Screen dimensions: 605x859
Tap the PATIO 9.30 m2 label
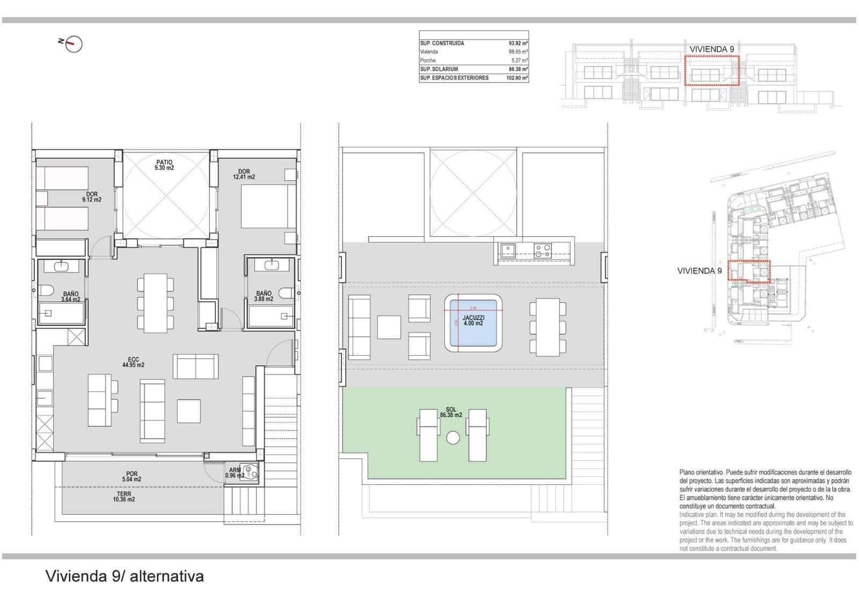[164, 165]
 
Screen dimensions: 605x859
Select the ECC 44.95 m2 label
[133, 363]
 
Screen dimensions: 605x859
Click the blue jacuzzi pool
[473, 323]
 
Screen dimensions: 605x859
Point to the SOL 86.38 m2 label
[451, 412]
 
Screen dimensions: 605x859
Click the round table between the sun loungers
[453, 438]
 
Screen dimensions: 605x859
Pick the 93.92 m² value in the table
[518, 43]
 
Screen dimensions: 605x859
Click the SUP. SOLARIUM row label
[439, 69]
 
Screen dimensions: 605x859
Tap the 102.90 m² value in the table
[516, 78]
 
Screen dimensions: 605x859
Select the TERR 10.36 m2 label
[124, 497]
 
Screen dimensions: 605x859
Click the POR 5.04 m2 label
[132, 476]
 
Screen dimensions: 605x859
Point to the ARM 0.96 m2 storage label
[235, 473]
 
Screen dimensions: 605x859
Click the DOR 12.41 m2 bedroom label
[244, 174]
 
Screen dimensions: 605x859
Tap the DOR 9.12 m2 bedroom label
[92, 197]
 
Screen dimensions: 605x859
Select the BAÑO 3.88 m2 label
[264, 296]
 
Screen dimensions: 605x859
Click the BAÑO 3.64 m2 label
[70, 297]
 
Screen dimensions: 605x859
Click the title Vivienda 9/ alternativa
[125, 576]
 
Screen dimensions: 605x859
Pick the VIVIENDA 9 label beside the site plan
[699, 271]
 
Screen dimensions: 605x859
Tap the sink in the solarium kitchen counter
[507, 249]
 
